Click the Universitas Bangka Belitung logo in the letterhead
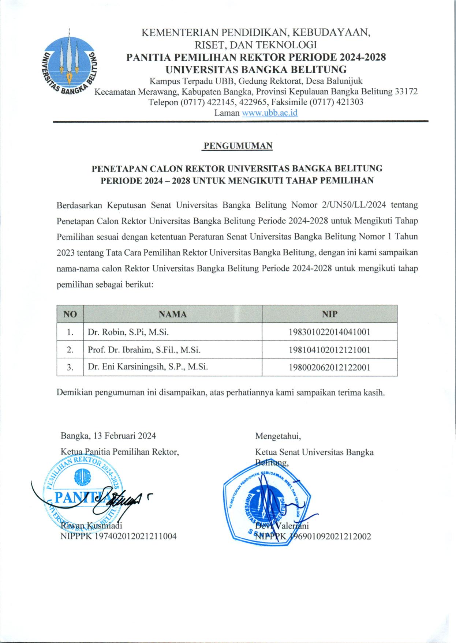point(68,63)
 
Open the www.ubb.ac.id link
point(270,113)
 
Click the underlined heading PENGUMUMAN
point(238,146)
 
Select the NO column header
point(70,314)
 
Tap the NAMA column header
point(173,314)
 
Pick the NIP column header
point(329,314)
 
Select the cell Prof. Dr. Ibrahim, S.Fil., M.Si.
point(144,350)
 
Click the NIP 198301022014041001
point(329,332)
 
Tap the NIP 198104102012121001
point(329,350)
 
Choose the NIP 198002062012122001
point(329,367)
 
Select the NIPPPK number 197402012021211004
point(136,536)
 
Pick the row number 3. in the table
point(70,367)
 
